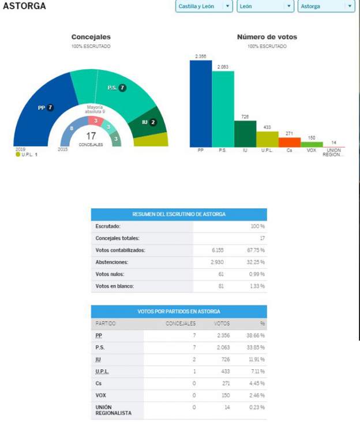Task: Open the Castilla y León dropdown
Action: tap(204, 6)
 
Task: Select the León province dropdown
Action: tap(266, 6)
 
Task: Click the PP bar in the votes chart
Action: tap(201, 104)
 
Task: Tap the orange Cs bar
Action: tap(290, 142)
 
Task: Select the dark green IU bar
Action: tap(245, 134)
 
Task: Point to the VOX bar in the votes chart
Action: tap(312, 144)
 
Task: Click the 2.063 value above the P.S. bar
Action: tap(223, 67)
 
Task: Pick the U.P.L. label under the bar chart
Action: tap(267, 151)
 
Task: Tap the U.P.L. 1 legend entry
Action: tap(27, 155)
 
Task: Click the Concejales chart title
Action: tap(91, 37)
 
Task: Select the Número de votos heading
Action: tap(267, 37)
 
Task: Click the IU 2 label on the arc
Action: tap(149, 122)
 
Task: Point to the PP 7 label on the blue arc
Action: tap(46, 107)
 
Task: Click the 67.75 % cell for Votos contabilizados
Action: tap(256, 250)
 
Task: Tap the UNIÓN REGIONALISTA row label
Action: tap(113, 410)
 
